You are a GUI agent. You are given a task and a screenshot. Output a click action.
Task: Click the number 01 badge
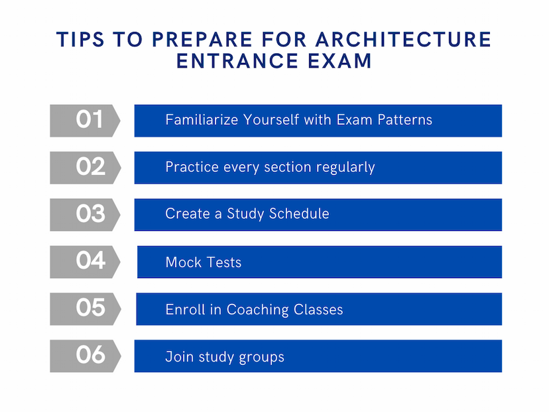point(85,121)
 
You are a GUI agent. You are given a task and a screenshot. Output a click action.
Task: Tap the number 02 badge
point(85,168)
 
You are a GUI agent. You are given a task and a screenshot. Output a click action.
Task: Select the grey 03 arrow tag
point(85,215)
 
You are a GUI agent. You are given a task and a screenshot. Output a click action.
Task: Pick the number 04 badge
point(85,262)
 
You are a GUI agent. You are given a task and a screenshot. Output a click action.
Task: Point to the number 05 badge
point(85,309)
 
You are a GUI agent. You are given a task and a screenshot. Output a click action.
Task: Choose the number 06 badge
point(85,356)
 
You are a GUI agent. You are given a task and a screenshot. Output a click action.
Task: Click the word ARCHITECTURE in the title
point(403,39)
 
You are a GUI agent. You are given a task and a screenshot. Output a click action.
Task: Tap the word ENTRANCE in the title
point(237,61)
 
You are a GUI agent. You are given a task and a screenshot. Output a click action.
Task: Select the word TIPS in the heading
point(80,39)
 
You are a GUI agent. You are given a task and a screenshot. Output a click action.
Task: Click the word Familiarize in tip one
point(202,120)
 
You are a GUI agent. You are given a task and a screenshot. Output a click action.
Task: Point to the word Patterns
point(404,120)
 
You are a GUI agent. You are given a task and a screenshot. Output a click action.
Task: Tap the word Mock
point(184,263)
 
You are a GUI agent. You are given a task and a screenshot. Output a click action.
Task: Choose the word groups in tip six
point(261,358)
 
